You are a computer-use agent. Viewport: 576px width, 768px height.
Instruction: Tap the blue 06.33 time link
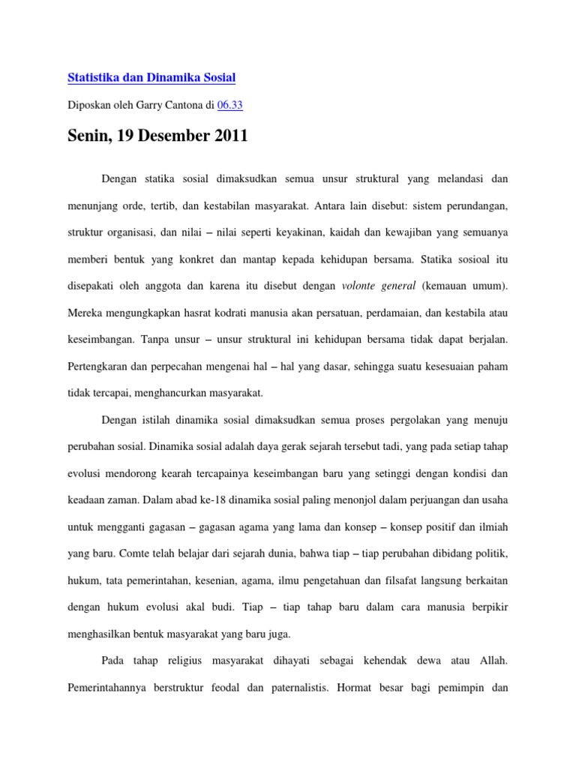pos(229,106)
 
